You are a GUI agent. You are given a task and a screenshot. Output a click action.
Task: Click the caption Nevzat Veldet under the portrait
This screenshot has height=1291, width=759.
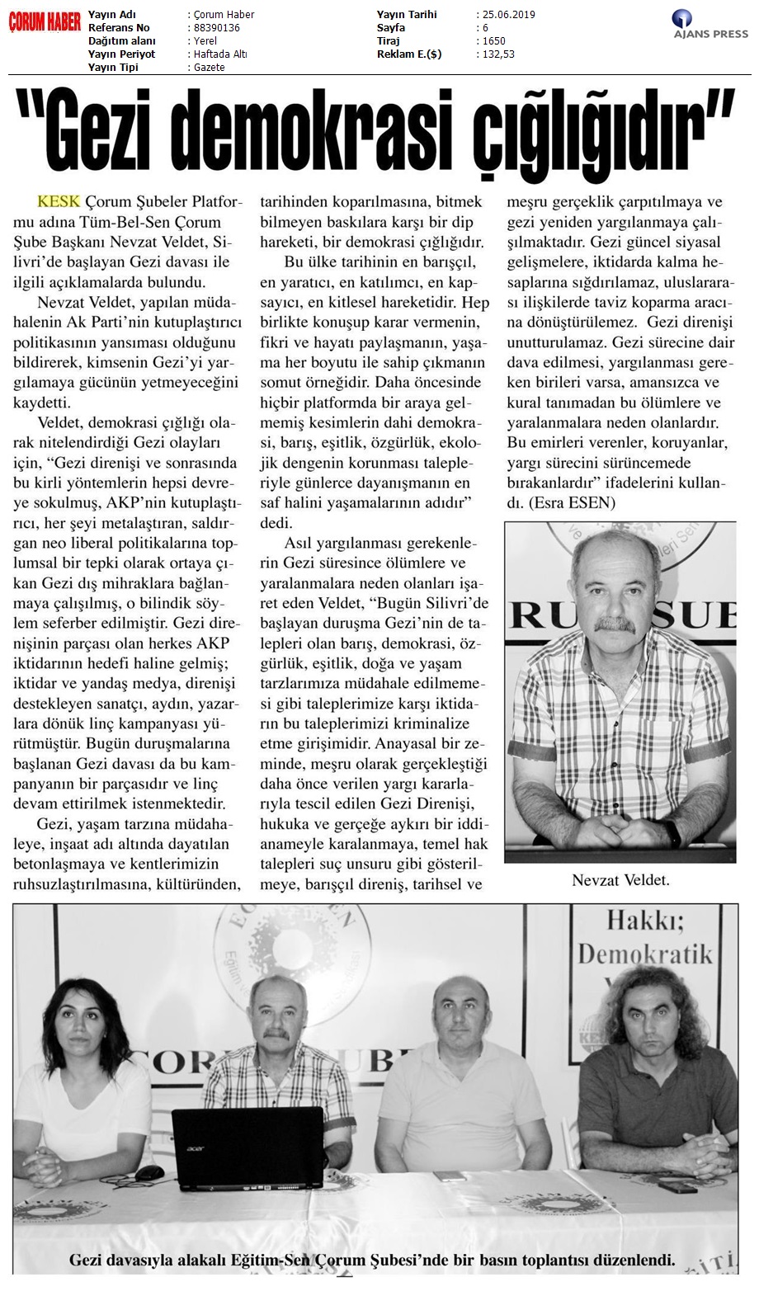click(x=620, y=881)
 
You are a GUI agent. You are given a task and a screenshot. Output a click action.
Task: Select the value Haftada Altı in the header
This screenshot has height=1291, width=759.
click(x=219, y=54)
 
